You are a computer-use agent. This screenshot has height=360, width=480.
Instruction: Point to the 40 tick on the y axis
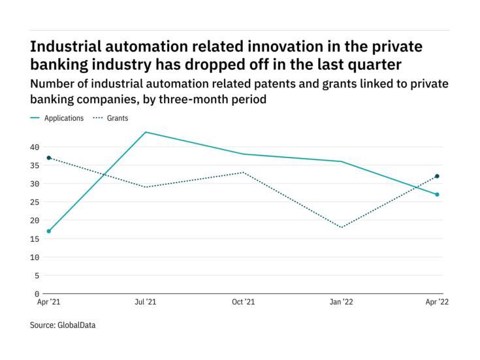point(35,147)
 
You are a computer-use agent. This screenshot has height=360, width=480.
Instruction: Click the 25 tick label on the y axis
point(35,202)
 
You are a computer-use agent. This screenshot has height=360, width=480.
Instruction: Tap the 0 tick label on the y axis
point(37,294)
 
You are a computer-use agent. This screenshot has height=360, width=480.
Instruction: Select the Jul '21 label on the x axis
point(145,302)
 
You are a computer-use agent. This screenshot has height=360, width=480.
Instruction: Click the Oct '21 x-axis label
point(243,302)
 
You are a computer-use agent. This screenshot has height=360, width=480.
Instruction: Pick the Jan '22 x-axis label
point(340,302)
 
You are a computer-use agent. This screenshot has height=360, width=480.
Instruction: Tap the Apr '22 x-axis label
point(437,302)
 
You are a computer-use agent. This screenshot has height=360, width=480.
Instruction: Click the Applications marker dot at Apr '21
point(48,231)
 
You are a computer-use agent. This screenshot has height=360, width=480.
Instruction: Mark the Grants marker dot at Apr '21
point(48,158)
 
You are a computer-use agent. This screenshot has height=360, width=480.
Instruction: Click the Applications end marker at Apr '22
point(437,195)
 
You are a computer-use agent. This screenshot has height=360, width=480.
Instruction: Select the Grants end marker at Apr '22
point(437,176)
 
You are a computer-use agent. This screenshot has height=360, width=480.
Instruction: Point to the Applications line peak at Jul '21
point(146,132)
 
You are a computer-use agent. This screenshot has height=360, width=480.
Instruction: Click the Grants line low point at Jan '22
point(340,227)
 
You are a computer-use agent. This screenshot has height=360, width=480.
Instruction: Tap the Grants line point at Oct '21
point(243,172)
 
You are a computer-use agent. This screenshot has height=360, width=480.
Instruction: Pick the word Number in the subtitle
point(54,84)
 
